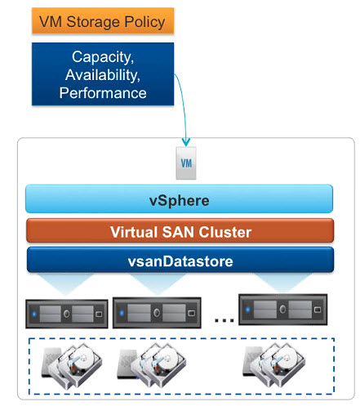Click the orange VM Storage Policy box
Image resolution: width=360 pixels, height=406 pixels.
[103, 21]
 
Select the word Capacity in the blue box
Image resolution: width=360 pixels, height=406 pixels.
[103, 57]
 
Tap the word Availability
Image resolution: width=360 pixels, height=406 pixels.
[103, 75]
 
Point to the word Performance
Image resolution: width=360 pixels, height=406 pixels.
[103, 93]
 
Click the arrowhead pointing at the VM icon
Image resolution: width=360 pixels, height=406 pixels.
[186, 142]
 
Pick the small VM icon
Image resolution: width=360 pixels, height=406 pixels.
[186, 163]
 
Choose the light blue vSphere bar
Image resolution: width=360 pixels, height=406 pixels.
[179, 199]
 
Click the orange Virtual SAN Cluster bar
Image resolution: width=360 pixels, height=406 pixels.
[180, 230]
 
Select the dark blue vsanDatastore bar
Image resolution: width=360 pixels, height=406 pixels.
[180, 260]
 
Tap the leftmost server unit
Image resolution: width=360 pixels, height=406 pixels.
[67, 314]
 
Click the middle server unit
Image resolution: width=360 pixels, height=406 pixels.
[157, 313]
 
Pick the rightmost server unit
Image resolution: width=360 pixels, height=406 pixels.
[282, 310]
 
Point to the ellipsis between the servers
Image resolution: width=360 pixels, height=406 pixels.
[224, 320]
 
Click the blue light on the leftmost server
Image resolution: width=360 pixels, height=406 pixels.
[34, 314]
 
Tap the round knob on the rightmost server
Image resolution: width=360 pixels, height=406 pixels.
[282, 309]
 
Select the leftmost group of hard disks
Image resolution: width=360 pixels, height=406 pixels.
[72, 365]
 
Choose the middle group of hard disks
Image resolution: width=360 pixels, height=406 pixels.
[152, 365]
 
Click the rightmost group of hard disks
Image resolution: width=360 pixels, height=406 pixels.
[274, 365]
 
